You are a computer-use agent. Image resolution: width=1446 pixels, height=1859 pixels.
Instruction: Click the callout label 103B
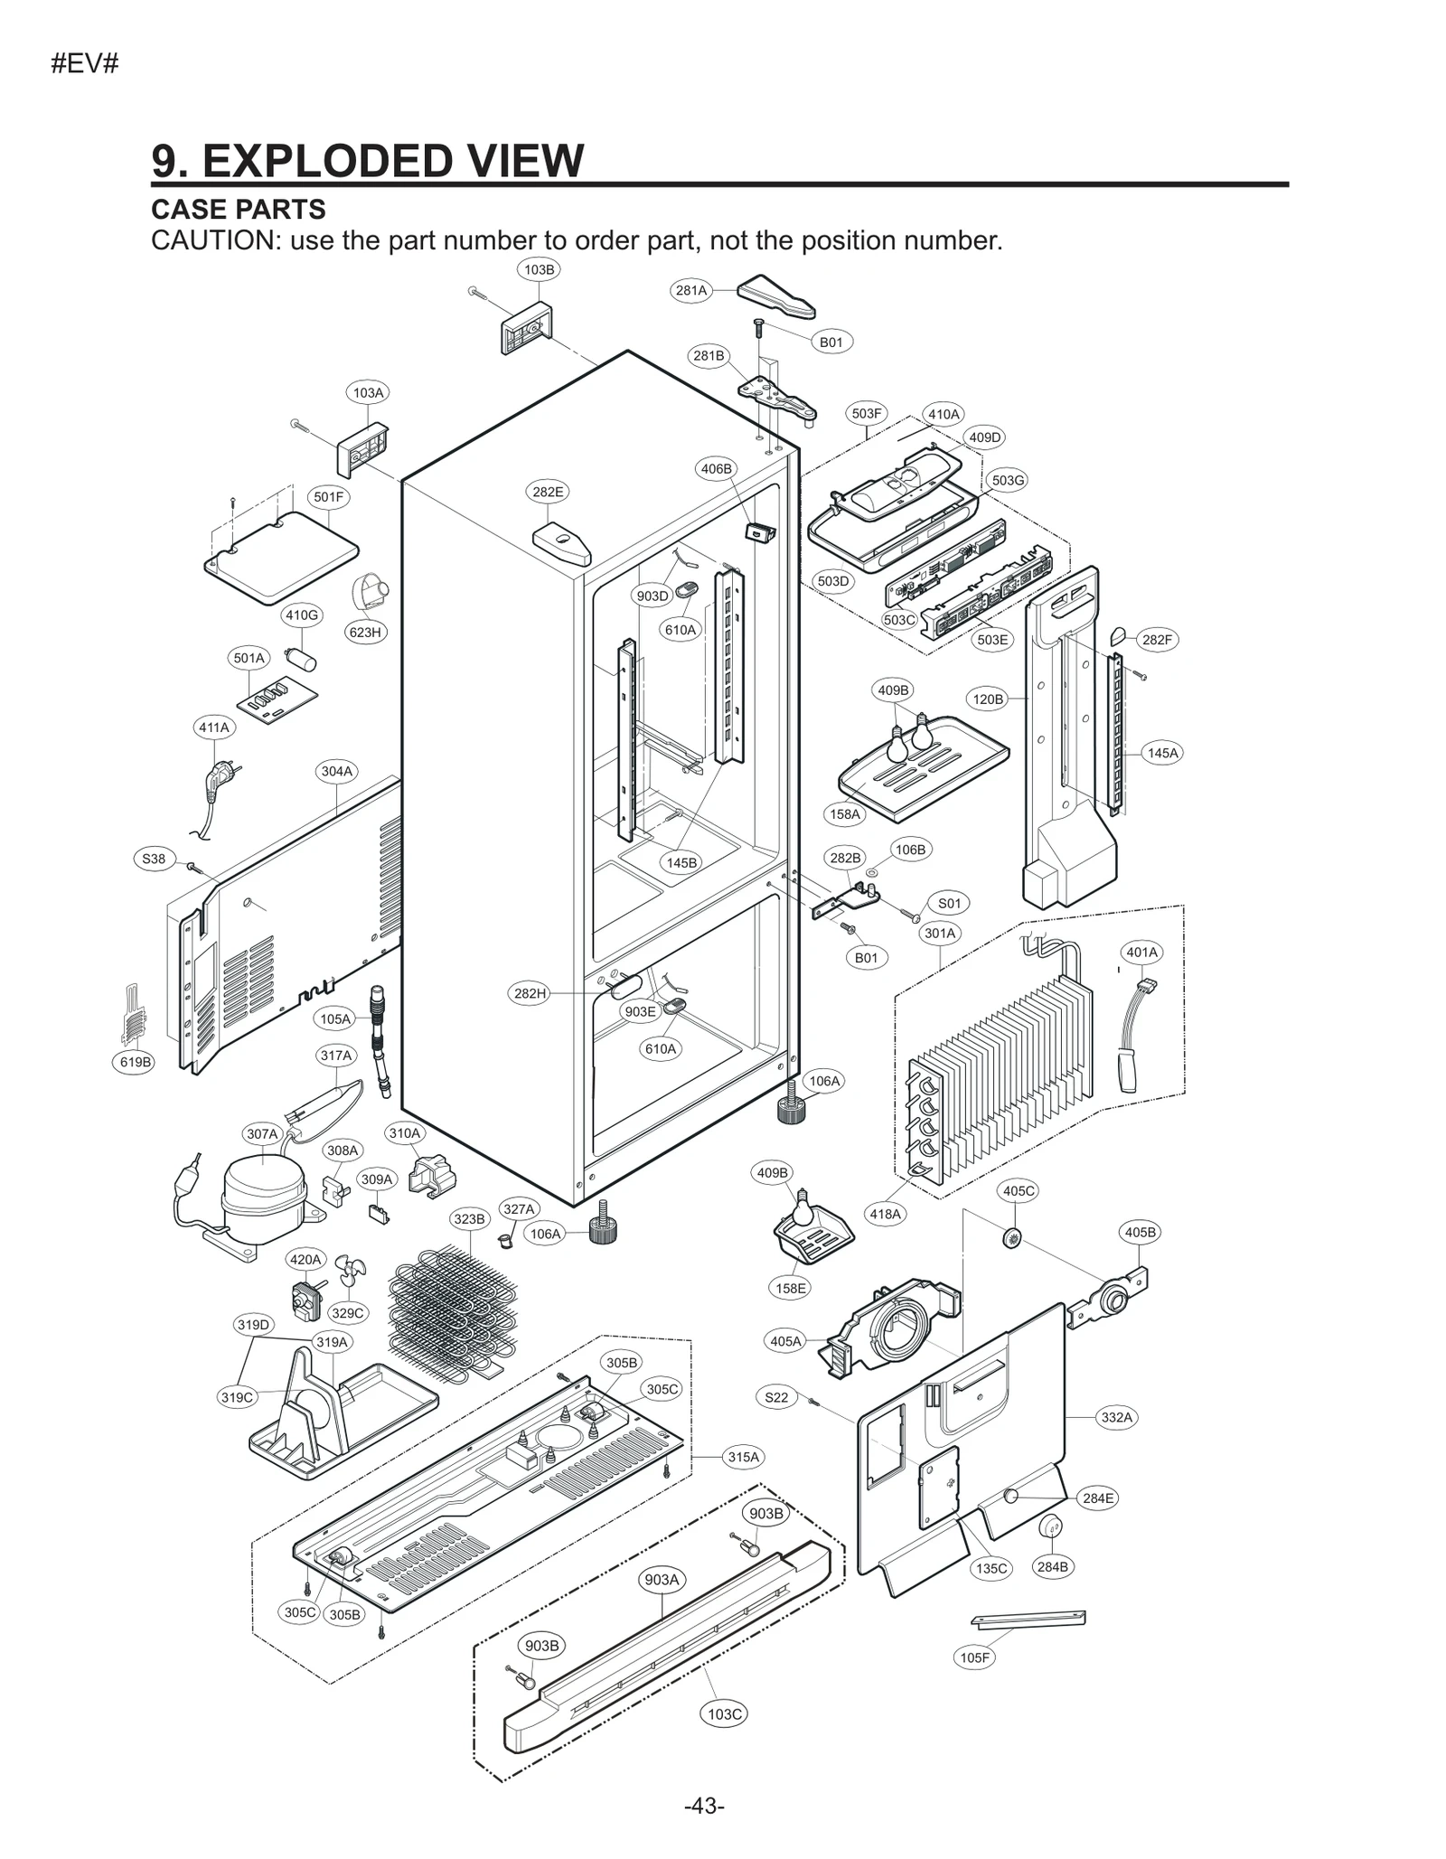click(539, 269)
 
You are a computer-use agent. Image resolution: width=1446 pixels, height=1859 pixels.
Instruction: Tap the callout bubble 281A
click(691, 290)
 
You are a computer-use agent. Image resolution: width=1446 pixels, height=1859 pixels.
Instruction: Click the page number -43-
click(704, 1806)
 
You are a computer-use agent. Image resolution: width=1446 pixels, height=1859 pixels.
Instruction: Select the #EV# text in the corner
click(85, 64)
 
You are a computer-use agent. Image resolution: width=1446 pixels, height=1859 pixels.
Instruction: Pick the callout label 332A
click(1116, 1417)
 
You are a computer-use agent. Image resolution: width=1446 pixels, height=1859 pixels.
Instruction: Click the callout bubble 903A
click(662, 1579)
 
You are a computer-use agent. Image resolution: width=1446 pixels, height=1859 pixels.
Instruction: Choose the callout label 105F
click(974, 1657)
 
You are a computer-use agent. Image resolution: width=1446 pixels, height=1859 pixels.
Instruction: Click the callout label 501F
click(328, 497)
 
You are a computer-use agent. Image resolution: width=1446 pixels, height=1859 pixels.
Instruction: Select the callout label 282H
click(531, 993)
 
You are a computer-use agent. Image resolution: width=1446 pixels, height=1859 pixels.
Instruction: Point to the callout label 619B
click(136, 1062)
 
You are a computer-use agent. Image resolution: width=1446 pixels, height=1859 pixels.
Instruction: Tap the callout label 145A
click(1162, 753)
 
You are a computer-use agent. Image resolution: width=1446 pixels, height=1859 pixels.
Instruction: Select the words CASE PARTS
click(239, 210)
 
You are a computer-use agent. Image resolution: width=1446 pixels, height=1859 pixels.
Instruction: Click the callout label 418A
click(885, 1214)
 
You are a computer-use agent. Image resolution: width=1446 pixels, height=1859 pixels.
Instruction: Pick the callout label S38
click(154, 859)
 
